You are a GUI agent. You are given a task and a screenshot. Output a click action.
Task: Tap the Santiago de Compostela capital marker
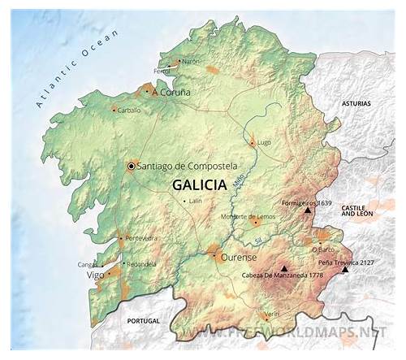click(x=131, y=167)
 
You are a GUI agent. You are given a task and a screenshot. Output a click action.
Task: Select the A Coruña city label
click(x=171, y=93)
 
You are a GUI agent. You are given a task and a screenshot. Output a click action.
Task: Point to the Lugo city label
click(x=264, y=143)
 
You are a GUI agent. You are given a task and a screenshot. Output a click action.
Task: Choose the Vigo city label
click(x=95, y=275)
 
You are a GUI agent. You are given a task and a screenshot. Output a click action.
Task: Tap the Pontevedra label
click(x=141, y=238)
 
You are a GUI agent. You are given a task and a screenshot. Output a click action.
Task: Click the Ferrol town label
click(x=162, y=72)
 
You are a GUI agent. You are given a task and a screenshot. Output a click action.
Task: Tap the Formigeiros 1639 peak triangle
click(x=308, y=210)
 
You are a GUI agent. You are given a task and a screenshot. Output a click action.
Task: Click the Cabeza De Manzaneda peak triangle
click(x=284, y=267)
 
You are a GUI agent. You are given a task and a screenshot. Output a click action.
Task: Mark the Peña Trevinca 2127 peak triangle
click(x=346, y=269)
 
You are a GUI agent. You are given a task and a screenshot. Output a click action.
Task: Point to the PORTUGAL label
click(x=145, y=321)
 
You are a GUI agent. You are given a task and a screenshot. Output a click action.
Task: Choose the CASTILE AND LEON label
click(x=355, y=213)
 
